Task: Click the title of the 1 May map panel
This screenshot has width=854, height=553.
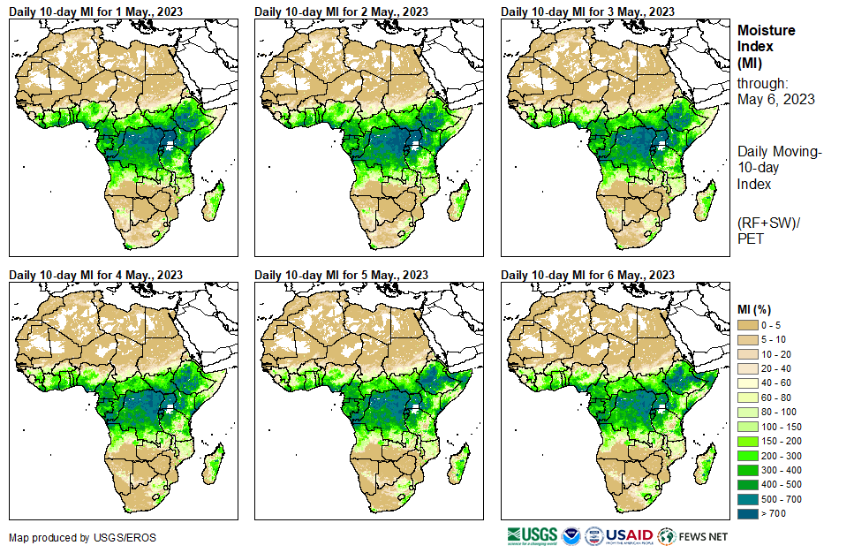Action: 95,11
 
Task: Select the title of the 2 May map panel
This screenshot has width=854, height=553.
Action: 341,11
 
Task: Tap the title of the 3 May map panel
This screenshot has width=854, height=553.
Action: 587,11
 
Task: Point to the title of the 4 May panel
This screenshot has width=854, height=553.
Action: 95,275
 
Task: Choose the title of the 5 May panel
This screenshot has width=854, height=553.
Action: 341,275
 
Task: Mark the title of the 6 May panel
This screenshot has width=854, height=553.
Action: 587,275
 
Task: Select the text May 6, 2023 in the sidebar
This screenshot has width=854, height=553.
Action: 775,99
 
